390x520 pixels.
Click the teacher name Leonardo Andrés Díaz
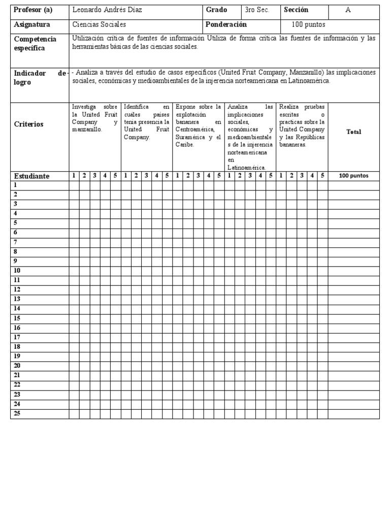pyautogui.click(x=107, y=10)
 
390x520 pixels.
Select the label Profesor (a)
pyautogui.click(x=33, y=10)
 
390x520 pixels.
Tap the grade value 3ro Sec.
pyautogui.click(x=257, y=10)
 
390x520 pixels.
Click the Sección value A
pyautogui.click(x=348, y=10)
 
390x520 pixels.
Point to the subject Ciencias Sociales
pyautogui.click(x=99, y=24)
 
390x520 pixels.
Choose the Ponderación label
pyautogui.click(x=226, y=24)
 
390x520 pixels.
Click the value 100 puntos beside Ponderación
pyautogui.click(x=308, y=24)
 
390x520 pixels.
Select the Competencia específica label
pyautogui.click(x=35, y=44)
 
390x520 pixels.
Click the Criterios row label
pyautogui.click(x=29, y=124)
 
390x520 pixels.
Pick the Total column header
pyautogui.click(x=353, y=132)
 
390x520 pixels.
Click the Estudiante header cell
pyautogui.click(x=31, y=176)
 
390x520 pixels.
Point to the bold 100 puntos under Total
pyautogui.click(x=353, y=176)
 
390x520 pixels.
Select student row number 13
pyautogui.click(x=17, y=299)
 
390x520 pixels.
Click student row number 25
pyautogui.click(x=17, y=413)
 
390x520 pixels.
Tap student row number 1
pyautogui.click(x=15, y=185)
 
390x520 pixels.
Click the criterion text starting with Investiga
pyautogui.click(x=94, y=118)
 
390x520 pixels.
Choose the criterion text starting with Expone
pyautogui.click(x=198, y=125)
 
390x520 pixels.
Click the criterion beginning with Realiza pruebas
pyautogui.click(x=302, y=125)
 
